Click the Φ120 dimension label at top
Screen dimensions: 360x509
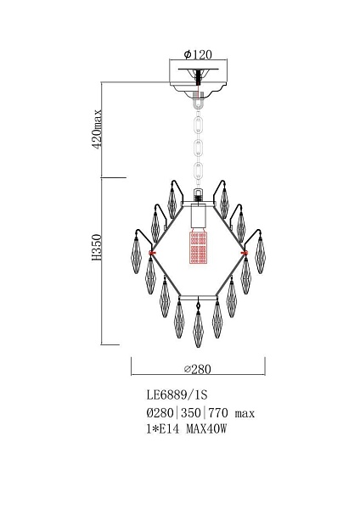(198, 54)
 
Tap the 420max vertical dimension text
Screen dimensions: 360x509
(98, 129)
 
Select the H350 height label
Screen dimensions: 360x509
(97, 248)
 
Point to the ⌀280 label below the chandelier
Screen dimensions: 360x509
(198, 369)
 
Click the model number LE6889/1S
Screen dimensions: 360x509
(177, 394)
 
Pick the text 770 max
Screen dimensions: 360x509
(231, 413)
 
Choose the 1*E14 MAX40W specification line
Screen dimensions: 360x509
(187, 429)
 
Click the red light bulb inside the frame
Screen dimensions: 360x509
(198, 247)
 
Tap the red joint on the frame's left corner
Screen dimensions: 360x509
(151, 253)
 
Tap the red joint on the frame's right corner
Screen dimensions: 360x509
(245, 253)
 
